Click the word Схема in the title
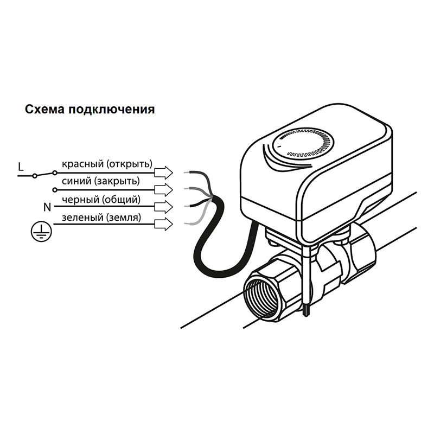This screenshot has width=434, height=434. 45,109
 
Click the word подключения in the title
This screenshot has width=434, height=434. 112,110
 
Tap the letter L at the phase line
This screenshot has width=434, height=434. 21,167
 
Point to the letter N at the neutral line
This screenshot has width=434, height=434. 47,207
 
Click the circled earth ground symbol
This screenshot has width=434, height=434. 41,231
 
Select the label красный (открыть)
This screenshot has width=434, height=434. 107,164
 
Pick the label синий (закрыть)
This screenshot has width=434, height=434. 101,181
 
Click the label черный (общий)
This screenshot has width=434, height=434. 101,199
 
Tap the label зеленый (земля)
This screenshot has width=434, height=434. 101,217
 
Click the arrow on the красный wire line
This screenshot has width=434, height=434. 164,173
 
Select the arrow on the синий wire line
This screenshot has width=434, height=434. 164,190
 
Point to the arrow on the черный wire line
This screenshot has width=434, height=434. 164,207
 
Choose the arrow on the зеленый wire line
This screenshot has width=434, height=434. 164,224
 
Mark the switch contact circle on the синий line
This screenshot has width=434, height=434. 55,190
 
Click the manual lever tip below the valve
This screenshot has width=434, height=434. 306,311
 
